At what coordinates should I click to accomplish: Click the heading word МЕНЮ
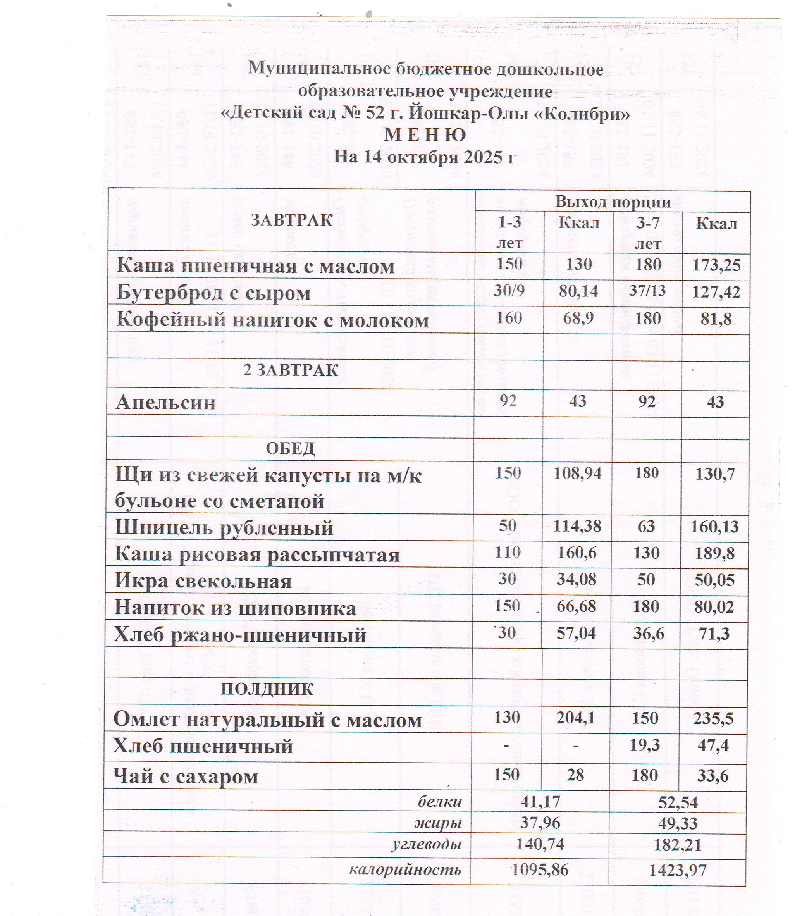click(x=425, y=135)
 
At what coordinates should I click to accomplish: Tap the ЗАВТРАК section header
click(x=292, y=220)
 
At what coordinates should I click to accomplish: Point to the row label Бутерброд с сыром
click(x=214, y=293)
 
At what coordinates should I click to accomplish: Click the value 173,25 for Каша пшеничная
click(x=716, y=265)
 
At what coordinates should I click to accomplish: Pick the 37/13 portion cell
click(x=647, y=291)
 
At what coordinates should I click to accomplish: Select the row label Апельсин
click(x=165, y=403)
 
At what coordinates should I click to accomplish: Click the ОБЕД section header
click(x=291, y=448)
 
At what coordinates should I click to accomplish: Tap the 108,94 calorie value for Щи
click(x=577, y=473)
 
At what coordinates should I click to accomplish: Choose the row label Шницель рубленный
click(x=224, y=528)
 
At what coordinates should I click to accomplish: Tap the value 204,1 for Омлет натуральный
click(x=576, y=718)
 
